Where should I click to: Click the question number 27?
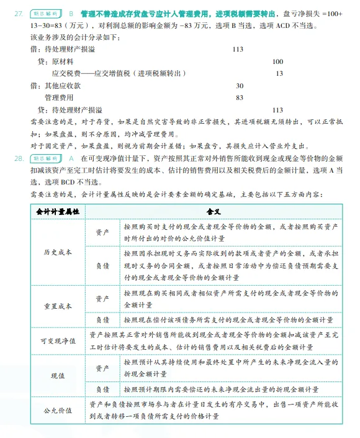[x=19, y=13]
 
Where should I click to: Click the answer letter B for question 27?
[x=71, y=13]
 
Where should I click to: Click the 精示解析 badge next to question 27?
[x=47, y=13]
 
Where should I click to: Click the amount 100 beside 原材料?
[x=277, y=62]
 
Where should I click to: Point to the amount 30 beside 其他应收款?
[x=240, y=85]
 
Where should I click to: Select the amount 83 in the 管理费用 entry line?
[x=240, y=98]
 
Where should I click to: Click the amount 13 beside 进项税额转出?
[x=279, y=73]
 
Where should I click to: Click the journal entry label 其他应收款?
[x=60, y=85]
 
